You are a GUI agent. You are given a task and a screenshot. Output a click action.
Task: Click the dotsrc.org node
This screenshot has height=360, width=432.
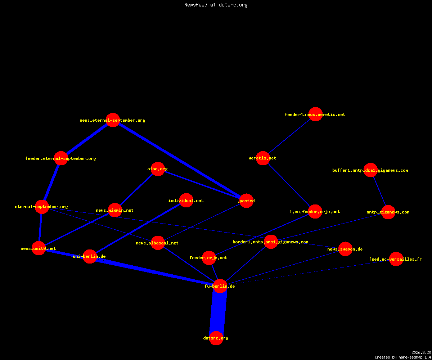[216, 338]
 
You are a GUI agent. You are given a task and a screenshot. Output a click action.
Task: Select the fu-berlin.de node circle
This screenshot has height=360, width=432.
[220, 286]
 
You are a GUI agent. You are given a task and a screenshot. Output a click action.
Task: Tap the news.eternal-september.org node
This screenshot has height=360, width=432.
[113, 120]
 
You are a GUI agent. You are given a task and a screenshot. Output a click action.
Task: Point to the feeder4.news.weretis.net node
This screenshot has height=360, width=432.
[315, 114]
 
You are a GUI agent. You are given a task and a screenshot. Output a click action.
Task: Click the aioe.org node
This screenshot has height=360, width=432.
[158, 169]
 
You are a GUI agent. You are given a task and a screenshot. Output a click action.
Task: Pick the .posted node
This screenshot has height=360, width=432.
[246, 201]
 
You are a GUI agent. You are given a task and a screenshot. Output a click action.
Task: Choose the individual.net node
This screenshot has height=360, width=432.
[186, 200]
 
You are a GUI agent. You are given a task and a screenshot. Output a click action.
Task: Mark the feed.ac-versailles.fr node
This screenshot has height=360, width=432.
[396, 259]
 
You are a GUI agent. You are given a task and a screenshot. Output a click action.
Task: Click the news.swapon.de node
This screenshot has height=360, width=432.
[345, 249]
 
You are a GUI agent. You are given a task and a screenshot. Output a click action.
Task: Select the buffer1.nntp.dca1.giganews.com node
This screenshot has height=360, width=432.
[370, 170]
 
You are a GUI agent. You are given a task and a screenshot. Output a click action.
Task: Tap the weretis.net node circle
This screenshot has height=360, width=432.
[263, 158]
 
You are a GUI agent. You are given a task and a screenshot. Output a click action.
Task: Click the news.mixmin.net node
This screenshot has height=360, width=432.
[115, 210]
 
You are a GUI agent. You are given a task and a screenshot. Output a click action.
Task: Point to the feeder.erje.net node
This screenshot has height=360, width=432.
[209, 258]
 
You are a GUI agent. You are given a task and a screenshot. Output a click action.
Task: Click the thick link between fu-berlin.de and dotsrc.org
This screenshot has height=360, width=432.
[218, 312]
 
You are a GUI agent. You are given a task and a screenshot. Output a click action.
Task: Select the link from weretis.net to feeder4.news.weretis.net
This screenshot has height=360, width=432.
[289, 136]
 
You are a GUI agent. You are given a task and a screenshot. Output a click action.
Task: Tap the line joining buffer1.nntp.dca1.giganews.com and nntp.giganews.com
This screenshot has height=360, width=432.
[379, 191]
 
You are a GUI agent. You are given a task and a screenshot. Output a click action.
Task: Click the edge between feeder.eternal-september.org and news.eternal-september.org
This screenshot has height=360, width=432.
[87, 139]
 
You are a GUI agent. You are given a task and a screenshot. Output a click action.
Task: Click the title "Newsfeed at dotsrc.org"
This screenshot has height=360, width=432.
[216, 5]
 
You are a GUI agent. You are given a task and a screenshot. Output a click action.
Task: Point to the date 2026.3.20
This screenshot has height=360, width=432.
[421, 352]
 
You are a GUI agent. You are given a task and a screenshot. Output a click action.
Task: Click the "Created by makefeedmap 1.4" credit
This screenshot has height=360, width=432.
[403, 357]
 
